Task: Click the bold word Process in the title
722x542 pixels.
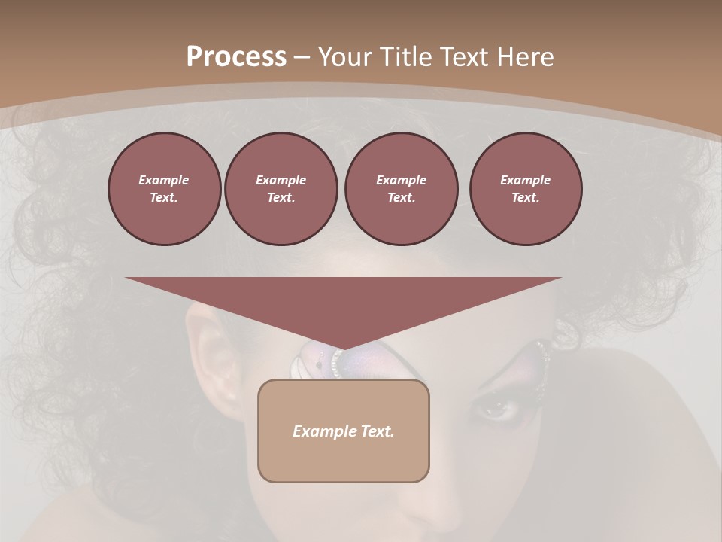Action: [x=236, y=57]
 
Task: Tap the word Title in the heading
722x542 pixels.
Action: [x=406, y=57]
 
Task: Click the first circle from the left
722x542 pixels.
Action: [x=164, y=189]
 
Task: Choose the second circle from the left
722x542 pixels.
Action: [x=281, y=189]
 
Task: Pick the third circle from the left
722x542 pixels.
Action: [x=401, y=189]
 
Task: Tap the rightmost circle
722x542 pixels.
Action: [x=525, y=189]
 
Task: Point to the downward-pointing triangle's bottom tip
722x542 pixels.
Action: [x=344, y=348]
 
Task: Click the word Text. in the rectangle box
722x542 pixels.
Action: [x=378, y=431]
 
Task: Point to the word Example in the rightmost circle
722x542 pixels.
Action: [x=525, y=180]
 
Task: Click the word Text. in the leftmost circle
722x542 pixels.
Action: [x=164, y=198]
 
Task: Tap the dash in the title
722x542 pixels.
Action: [x=302, y=57]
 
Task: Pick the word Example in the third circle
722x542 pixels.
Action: [x=401, y=180]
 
